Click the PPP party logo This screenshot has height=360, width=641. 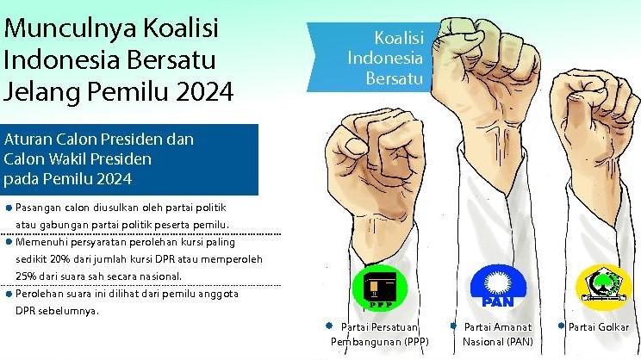point(380,290)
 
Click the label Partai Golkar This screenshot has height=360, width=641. point(599,327)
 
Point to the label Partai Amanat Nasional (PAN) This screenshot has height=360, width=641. point(498,334)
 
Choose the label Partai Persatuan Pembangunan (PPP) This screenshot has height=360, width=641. point(380,334)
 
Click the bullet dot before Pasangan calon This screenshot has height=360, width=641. point(8,208)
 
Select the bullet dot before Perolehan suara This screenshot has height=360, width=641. point(8,294)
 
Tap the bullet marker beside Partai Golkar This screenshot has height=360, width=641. point(561,326)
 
